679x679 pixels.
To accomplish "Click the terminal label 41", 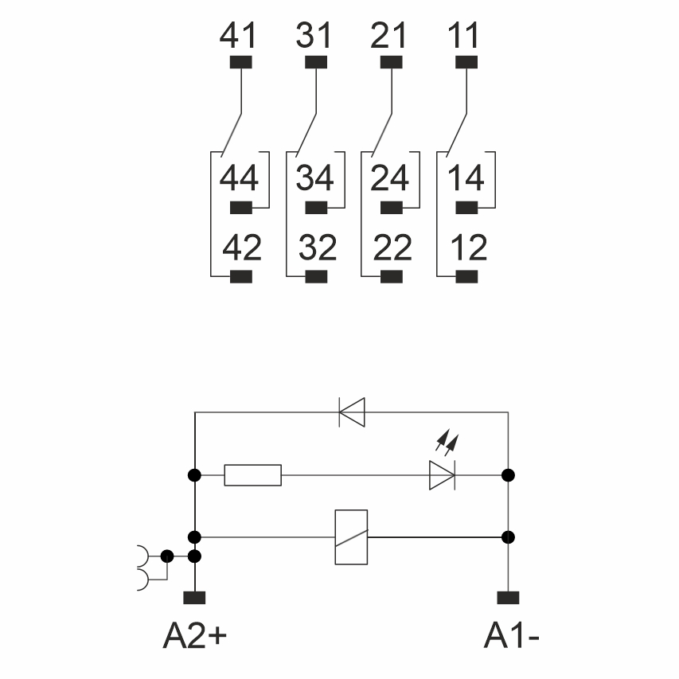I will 239,37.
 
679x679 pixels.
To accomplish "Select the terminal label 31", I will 316,37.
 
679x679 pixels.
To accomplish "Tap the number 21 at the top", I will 389,37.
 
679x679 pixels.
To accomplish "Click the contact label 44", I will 239,178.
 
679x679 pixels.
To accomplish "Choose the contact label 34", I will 315,178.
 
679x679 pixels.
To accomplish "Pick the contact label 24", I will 390,178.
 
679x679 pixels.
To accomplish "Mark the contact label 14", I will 466,178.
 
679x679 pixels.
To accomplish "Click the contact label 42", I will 241,248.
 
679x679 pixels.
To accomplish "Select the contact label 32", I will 318,248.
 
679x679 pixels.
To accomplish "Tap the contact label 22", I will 392,248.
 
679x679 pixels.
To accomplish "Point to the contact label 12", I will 467,248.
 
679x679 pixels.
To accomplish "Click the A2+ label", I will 195,635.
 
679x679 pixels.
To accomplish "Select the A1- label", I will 513,635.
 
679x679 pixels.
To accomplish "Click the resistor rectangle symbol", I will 253,475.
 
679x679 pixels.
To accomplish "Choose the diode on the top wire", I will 351,412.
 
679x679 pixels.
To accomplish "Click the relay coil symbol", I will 351,537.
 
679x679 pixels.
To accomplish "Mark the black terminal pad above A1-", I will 508,597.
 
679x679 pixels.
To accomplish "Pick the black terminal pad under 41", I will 240,62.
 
